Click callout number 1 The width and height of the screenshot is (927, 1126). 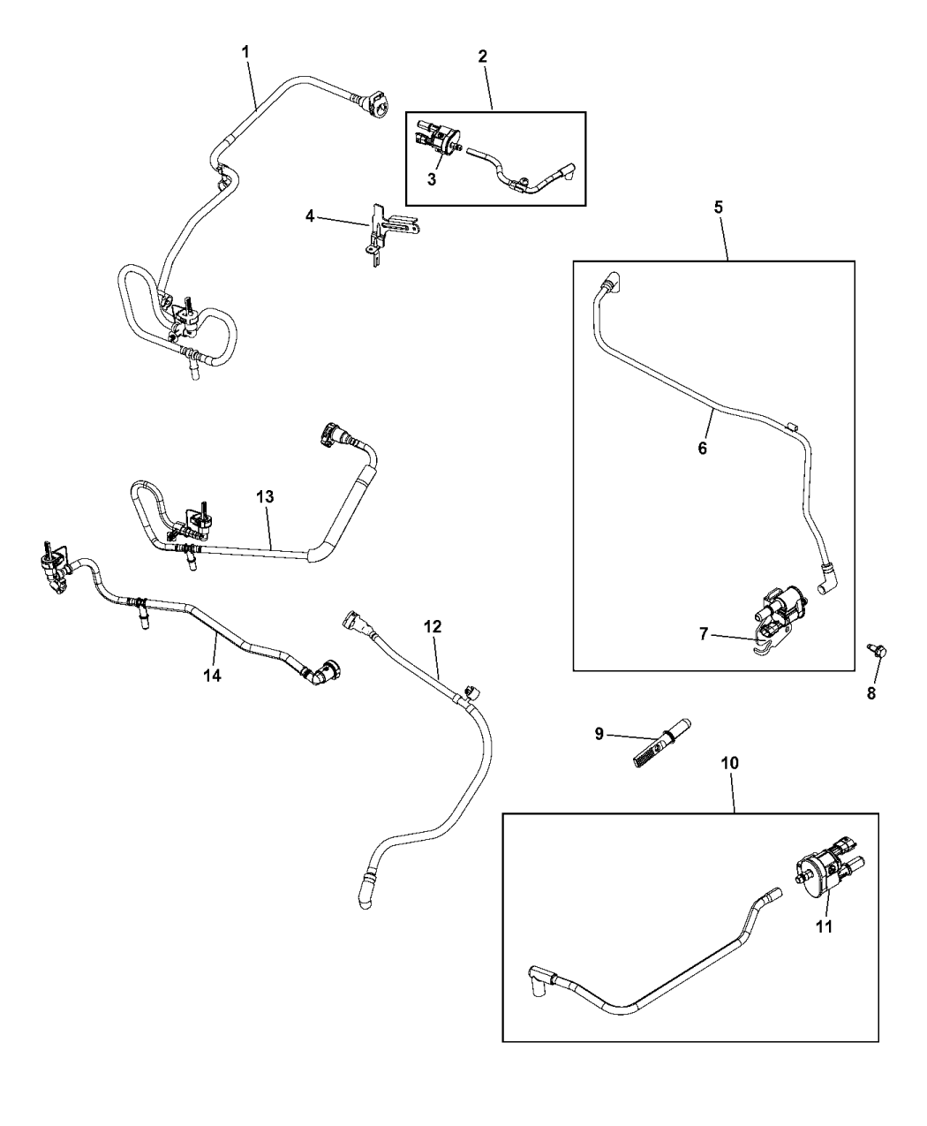pos(245,52)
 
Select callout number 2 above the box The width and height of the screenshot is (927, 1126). pos(482,56)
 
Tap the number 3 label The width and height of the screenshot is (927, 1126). pos(432,179)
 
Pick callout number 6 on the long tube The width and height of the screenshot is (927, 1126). pos(703,448)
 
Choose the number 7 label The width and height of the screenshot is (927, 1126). pos(705,634)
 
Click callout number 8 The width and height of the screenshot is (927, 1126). pos(871,693)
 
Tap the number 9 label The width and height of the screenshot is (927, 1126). pos(599,734)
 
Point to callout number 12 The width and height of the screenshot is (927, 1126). pos(433,626)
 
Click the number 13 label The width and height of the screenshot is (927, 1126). pos(266,497)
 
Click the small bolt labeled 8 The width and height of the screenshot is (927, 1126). pos(879,652)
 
